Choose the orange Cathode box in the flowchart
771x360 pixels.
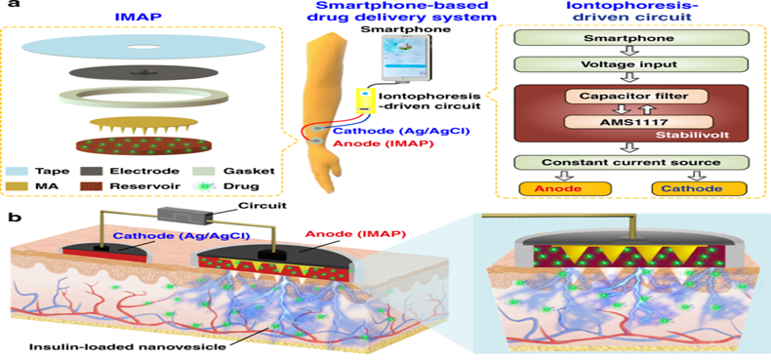click(699, 189)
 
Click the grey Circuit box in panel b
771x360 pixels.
click(185, 215)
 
